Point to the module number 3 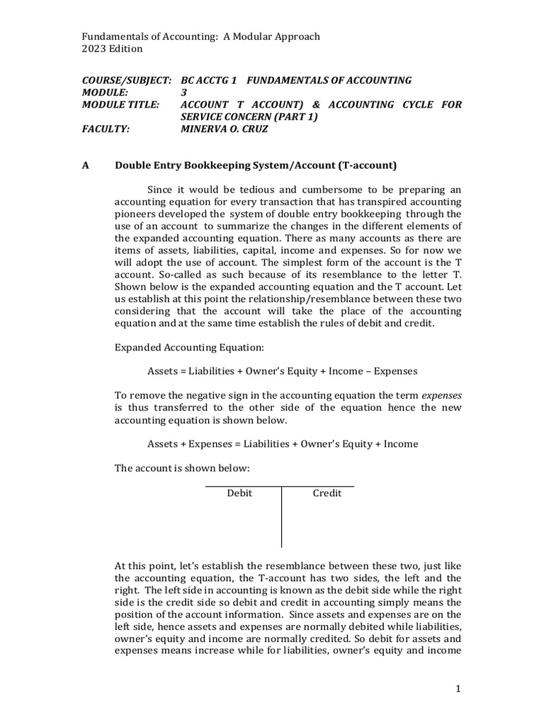(x=184, y=93)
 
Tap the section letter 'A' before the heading (x=86, y=166)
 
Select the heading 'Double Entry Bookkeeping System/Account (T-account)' (x=256, y=166)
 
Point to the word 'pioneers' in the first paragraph (x=136, y=214)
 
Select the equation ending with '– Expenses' (x=282, y=370)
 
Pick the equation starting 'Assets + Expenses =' (x=282, y=444)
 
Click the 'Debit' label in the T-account (x=239, y=493)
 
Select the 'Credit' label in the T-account (x=327, y=493)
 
